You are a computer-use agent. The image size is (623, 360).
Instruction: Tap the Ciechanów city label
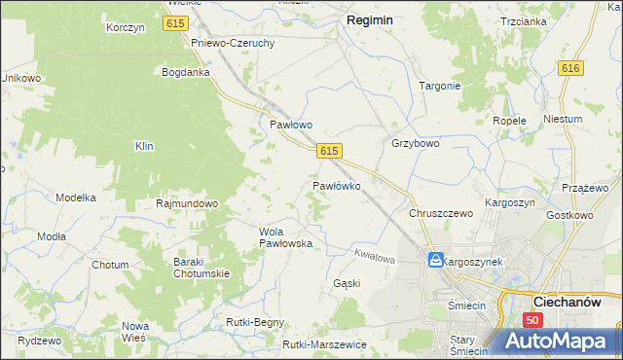[x=578, y=303]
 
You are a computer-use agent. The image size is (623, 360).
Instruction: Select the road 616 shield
[x=570, y=67]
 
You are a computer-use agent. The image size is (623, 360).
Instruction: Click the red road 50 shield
[x=531, y=320]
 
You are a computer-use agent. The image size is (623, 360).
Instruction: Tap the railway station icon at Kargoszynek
[x=435, y=261]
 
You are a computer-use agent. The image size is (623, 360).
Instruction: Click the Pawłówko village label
[x=337, y=185]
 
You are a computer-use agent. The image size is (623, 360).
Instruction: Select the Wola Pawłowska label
[x=285, y=237]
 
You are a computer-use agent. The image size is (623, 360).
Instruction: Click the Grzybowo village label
[x=416, y=143]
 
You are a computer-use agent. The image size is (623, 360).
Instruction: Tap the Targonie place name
[x=439, y=86]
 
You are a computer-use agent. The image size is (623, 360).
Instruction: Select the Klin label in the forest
[x=145, y=146]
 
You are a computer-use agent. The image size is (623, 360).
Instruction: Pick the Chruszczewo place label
[x=441, y=213]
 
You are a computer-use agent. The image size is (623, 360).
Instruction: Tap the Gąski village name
[x=347, y=283]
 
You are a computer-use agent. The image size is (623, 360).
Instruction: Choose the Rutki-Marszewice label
[x=324, y=344]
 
